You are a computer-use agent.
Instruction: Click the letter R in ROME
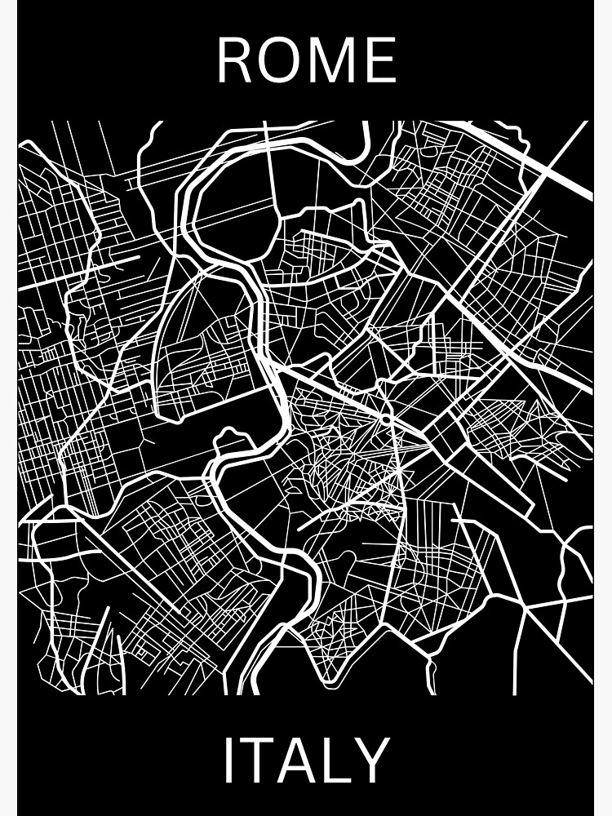click(235, 60)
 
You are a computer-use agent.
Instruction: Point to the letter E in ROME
click(380, 60)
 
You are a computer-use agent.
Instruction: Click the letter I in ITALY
click(228, 760)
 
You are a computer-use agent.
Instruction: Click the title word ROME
click(306, 60)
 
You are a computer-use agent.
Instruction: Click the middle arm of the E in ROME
click(379, 60)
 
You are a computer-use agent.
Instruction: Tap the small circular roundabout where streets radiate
click(385, 420)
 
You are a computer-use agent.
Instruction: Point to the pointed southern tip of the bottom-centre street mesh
click(329, 680)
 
